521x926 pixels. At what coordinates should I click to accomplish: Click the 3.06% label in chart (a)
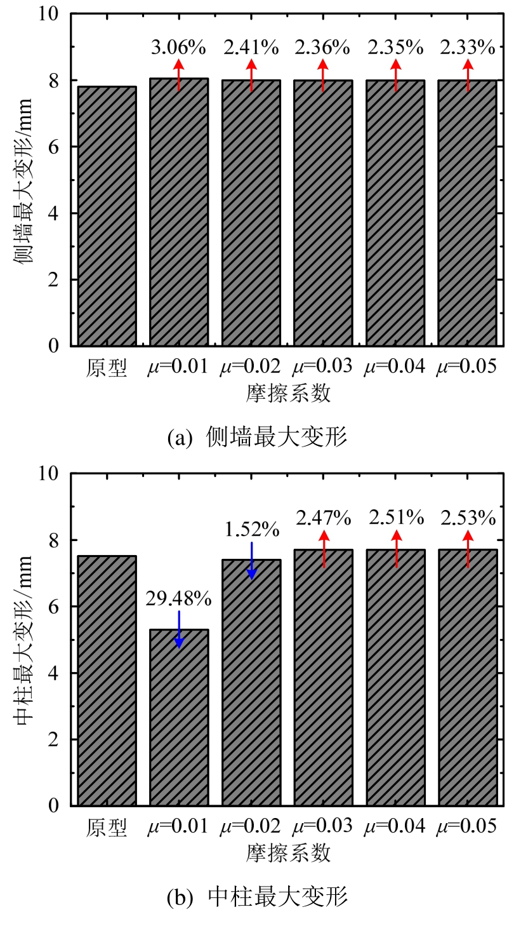pyautogui.click(x=179, y=46)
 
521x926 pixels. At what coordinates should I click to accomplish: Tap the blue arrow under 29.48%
pyautogui.click(x=179, y=629)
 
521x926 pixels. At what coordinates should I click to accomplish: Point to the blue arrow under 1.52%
pyautogui.click(x=251, y=561)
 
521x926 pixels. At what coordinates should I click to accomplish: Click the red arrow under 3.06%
pyautogui.click(x=179, y=75)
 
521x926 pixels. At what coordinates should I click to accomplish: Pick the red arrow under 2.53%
pyautogui.click(x=468, y=549)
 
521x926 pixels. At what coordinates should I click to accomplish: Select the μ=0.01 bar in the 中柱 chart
pyautogui.click(x=179, y=718)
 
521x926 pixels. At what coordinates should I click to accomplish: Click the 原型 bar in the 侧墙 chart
pyautogui.click(x=107, y=216)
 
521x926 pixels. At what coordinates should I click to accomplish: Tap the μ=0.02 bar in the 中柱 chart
pyautogui.click(x=251, y=683)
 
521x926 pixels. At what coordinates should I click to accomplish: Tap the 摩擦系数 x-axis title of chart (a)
pyautogui.click(x=288, y=394)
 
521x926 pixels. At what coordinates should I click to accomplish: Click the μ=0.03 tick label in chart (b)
pyautogui.click(x=323, y=827)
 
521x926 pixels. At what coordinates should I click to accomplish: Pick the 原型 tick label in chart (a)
pyautogui.click(x=107, y=368)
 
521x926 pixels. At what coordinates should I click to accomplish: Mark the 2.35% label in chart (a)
pyautogui.click(x=395, y=46)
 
